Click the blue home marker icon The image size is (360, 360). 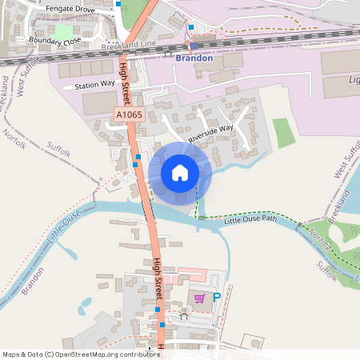(x=180, y=172)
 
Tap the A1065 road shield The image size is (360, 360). (x=129, y=116)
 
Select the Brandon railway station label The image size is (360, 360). (x=194, y=58)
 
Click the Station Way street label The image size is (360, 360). (x=95, y=84)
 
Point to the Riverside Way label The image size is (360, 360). (x=210, y=133)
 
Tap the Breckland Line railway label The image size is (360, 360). (x=128, y=47)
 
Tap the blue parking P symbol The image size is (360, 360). (x=216, y=297)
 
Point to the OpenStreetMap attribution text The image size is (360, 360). (x=81, y=354)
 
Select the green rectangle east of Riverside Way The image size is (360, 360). (x=283, y=132)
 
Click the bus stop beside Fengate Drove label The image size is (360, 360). (x=119, y=4)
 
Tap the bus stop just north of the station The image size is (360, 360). (x=190, y=27)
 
